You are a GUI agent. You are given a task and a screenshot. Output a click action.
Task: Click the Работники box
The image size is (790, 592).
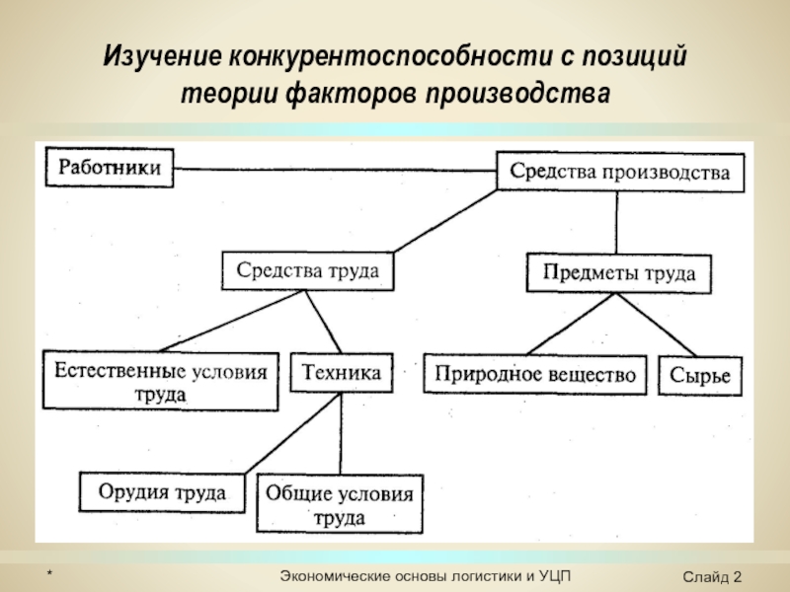110,168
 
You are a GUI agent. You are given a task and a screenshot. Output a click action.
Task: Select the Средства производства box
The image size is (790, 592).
620,172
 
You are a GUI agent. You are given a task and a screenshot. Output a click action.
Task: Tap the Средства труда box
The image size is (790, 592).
307,270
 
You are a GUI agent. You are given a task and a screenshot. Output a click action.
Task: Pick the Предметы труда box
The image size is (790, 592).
619,273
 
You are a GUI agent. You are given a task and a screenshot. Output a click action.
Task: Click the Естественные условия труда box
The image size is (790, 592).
161,381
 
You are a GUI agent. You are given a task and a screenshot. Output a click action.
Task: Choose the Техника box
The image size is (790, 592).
341,373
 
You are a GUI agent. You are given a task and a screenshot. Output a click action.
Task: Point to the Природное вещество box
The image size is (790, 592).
535,375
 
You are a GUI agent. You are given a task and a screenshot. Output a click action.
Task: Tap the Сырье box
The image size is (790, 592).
700,376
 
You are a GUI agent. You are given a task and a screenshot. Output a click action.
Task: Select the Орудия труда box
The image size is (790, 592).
162,492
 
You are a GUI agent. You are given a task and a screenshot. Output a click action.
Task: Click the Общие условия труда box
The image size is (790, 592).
340,503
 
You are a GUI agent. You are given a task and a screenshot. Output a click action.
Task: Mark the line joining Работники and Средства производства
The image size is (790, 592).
335,170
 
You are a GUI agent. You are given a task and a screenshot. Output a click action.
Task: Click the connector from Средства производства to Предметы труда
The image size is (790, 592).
616,223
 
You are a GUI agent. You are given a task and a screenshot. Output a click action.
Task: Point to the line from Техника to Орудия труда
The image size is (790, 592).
292,433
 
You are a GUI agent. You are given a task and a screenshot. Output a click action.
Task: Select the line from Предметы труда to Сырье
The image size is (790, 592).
656,325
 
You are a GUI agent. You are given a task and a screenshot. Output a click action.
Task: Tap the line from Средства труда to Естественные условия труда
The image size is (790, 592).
232,321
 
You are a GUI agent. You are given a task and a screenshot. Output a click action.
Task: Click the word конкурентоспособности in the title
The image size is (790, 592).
391,56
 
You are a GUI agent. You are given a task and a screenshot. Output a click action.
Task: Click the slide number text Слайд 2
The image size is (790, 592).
712,576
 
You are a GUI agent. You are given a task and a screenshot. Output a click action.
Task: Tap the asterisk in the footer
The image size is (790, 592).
50,573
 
